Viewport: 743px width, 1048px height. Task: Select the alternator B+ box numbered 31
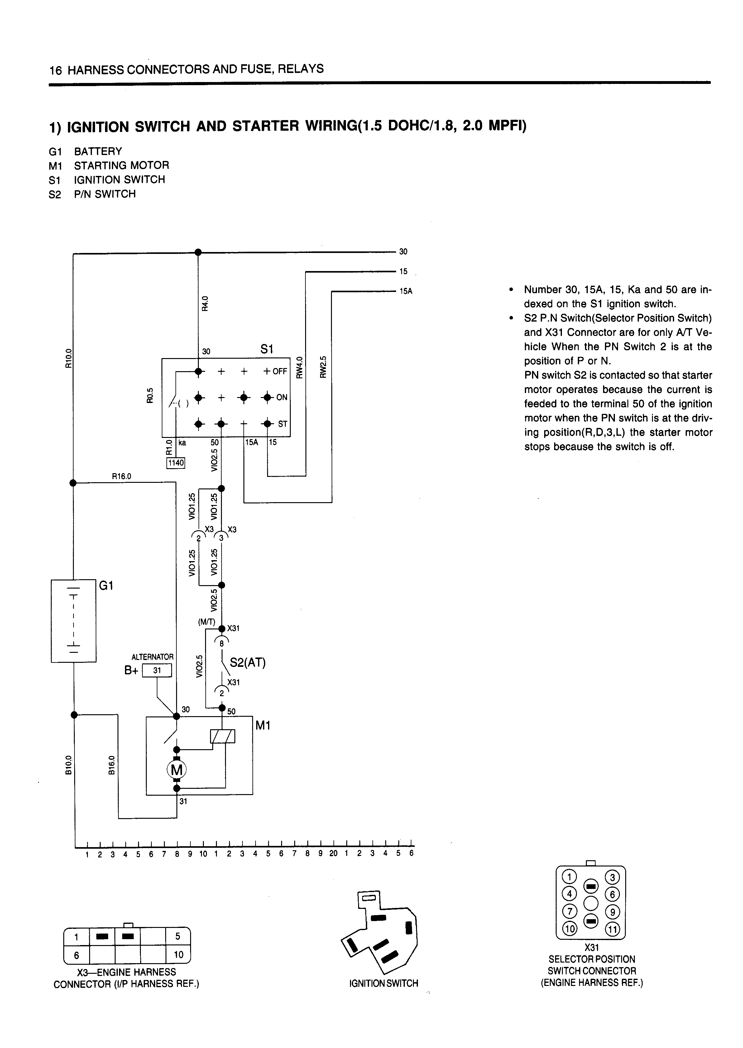(x=157, y=671)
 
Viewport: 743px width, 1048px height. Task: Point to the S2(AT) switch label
(x=247, y=662)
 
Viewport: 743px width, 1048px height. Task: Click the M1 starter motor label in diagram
(x=263, y=726)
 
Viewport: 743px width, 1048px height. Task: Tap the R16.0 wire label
(x=122, y=476)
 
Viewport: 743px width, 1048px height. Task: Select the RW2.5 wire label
(x=323, y=367)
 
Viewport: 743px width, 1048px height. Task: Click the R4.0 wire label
(x=205, y=303)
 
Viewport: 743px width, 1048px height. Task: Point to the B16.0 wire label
(x=111, y=765)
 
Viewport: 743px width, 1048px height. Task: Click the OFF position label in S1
(x=280, y=371)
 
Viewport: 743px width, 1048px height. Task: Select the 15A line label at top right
(x=406, y=291)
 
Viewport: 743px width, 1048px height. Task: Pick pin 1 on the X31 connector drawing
(x=570, y=877)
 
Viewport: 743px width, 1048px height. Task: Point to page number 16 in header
(x=55, y=70)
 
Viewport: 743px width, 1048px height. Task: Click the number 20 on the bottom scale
(x=333, y=853)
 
